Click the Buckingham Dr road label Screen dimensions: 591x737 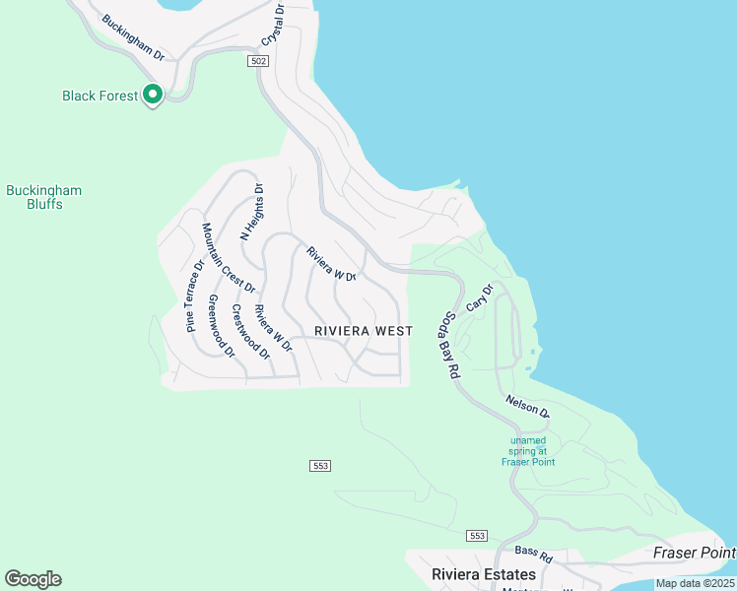point(133,36)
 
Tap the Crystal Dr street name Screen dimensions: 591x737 point(273,27)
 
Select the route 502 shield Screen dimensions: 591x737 point(257,60)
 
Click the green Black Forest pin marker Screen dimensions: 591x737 point(153,95)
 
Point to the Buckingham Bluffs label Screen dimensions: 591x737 point(44,197)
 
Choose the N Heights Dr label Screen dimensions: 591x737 point(252,214)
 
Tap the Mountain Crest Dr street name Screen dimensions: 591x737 point(229,258)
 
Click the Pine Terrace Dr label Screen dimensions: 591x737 point(193,295)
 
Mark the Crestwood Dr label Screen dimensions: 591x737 point(250,332)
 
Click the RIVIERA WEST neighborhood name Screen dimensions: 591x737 point(363,331)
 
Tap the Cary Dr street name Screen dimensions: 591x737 point(479,299)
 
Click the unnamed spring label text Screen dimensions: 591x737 point(527,451)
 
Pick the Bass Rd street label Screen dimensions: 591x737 point(533,555)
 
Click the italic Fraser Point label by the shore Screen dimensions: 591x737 point(694,554)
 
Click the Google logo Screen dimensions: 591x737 point(33,579)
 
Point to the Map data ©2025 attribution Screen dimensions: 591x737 point(695,583)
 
